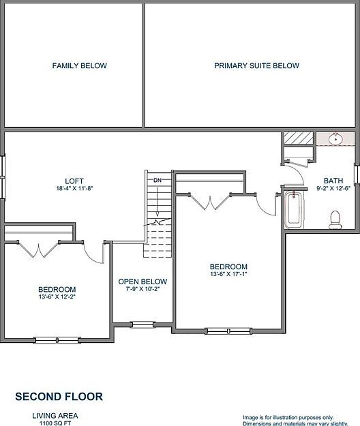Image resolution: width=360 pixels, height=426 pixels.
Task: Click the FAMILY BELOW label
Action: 80,66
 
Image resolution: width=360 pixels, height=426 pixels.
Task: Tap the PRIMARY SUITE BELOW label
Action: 256,66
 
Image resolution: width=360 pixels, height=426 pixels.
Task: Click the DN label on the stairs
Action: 157,180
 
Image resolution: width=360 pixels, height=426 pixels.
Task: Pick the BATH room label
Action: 333,181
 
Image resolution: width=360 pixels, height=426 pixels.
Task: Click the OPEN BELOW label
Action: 142,282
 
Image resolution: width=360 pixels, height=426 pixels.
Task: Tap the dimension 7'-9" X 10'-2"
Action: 142,289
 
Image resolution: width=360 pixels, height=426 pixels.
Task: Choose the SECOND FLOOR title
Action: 59,396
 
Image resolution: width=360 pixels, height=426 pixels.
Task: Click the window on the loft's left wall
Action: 3,166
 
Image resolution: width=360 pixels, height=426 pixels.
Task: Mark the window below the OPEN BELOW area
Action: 142,324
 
